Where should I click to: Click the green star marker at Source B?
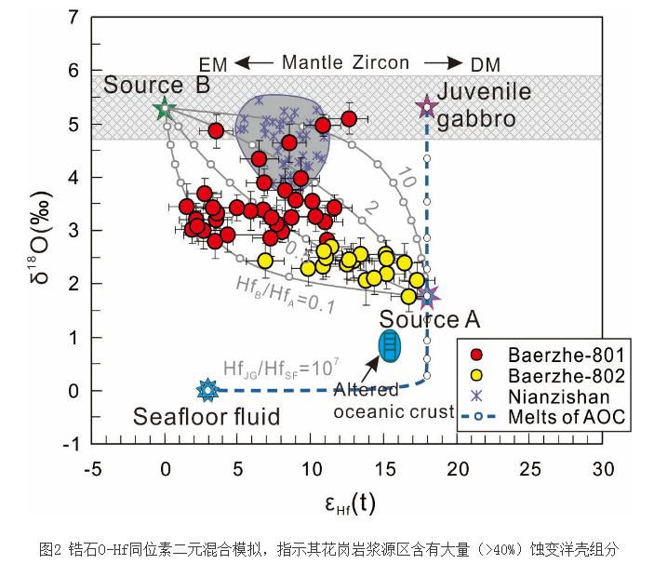coord(165,109)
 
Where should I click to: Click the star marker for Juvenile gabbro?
coord(427,107)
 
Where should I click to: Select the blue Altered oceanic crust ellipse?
coord(391,346)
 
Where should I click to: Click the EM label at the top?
coord(213,64)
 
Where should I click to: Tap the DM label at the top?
coord(485,64)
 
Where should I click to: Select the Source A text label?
coord(430,321)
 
